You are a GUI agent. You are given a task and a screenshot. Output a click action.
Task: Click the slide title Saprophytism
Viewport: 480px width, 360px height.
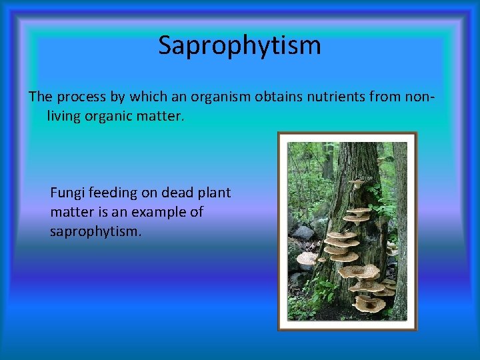pyautogui.click(x=239, y=46)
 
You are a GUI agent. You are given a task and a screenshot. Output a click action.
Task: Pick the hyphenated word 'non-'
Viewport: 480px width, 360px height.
pyautogui.click(x=419, y=97)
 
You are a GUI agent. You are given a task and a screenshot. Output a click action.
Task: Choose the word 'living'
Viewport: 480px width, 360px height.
pyautogui.click(x=64, y=117)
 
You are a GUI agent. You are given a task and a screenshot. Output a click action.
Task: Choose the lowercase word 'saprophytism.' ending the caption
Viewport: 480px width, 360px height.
pyautogui.click(x=95, y=232)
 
